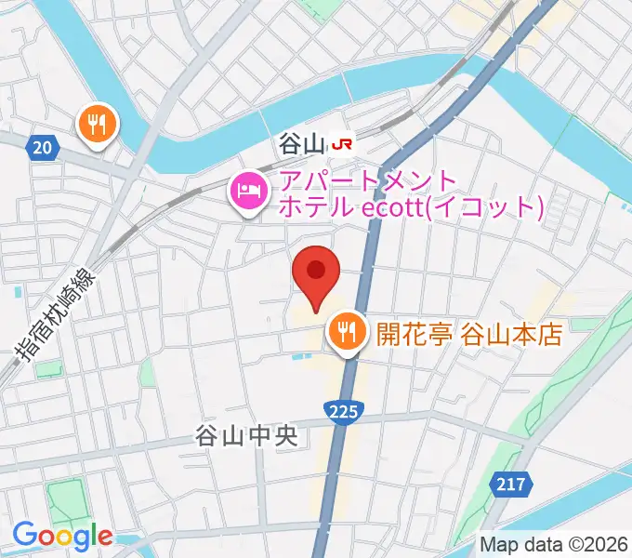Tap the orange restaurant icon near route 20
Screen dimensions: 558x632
click(97, 123)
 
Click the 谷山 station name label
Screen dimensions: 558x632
click(299, 144)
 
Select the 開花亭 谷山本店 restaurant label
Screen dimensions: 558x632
click(469, 332)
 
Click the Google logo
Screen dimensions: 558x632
click(61, 536)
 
